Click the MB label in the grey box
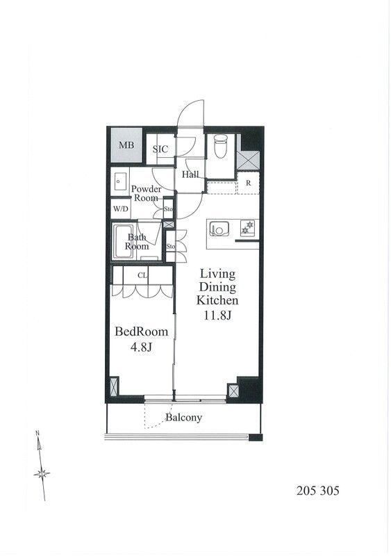[126, 145]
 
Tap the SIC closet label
[160, 149]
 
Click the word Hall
[190, 174]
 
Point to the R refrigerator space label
[248, 183]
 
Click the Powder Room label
[146, 193]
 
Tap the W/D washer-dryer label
[121, 209]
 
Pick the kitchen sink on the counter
[217, 229]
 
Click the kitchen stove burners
[247, 228]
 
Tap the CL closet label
[142, 275]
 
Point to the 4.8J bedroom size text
[142, 347]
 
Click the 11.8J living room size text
[217, 315]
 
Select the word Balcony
[183, 418]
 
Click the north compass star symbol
[42, 473]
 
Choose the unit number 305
[330, 491]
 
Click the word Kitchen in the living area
[217, 300]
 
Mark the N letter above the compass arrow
[37, 432]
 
